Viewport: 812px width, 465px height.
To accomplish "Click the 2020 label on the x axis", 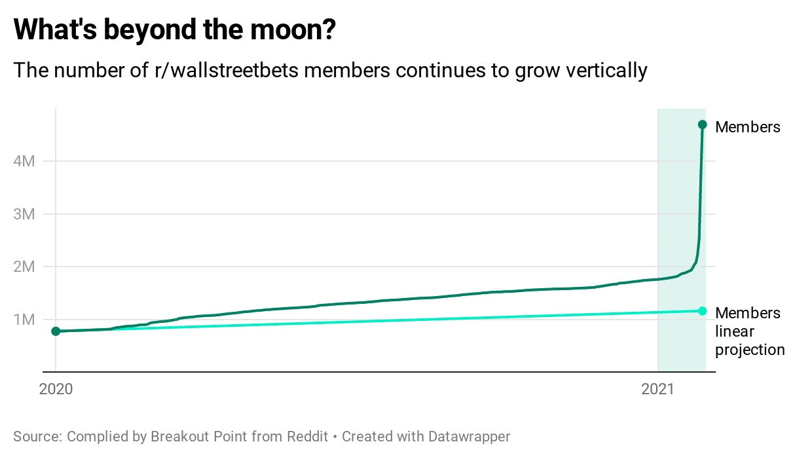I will [x=56, y=389].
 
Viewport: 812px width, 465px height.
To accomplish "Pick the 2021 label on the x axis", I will [x=657, y=389].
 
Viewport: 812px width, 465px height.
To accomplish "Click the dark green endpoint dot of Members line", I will [x=702, y=124].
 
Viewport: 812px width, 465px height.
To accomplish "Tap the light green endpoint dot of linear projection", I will [x=702, y=310].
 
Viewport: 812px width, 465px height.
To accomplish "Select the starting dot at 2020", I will [x=56, y=331].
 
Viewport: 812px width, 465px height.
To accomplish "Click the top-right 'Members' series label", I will [x=747, y=127].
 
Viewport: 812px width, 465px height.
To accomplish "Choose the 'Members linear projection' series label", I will [x=749, y=331].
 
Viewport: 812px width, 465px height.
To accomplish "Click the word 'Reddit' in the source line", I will [x=308, y=436].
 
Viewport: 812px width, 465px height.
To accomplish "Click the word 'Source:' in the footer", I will [x=38, y=436].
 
